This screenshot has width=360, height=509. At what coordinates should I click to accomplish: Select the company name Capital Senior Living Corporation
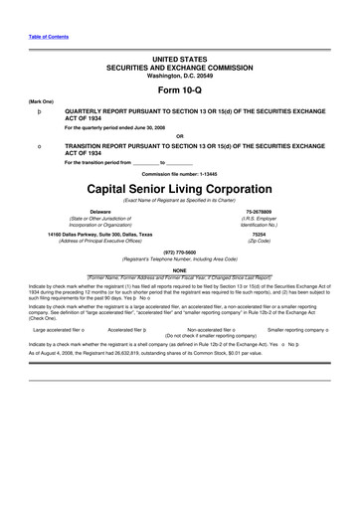179,188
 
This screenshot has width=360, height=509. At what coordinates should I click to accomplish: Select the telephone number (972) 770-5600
179,252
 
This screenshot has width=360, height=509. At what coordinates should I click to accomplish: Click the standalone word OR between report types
179,136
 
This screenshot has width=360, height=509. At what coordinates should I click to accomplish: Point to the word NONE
179,269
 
